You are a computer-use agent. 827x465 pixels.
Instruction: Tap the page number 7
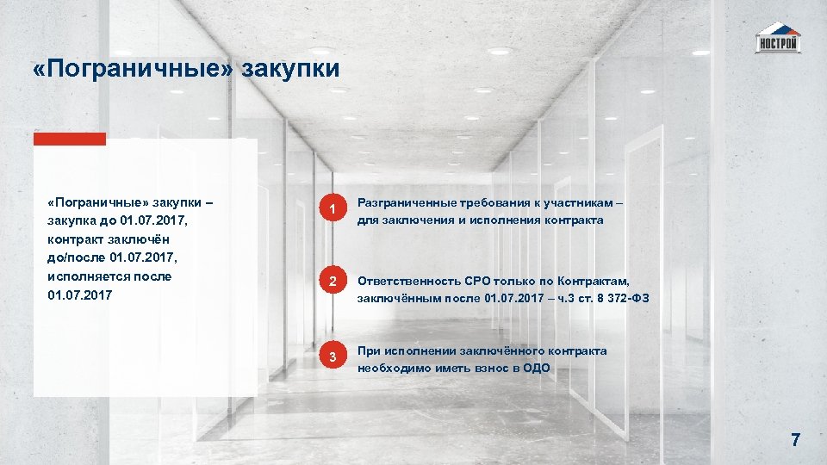(x=795, y=440)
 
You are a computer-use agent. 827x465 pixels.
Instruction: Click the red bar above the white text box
(x=70, y=139)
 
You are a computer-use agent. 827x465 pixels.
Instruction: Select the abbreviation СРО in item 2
(x=478, y=281)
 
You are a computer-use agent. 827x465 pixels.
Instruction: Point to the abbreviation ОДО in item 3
(x=536, y=368)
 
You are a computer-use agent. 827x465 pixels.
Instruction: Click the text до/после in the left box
(x=76, y=258)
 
